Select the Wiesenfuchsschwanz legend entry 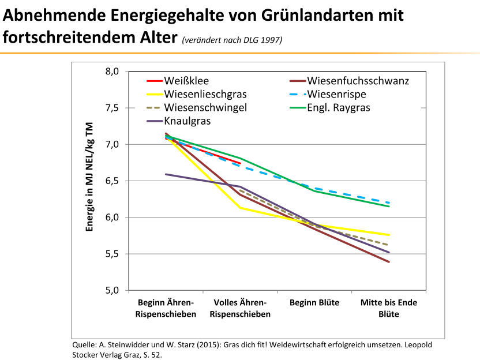[358, 81]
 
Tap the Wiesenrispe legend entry [344, 94]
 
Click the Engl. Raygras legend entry [339, 108]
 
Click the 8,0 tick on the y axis [112, 72]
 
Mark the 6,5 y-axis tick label [112, 181]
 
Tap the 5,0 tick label [112, 290]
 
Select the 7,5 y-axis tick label [112, 108]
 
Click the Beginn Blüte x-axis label [314, 303]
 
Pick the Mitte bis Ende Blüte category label [389, 308]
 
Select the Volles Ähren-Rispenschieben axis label [240, 308]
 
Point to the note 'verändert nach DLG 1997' [232, 40]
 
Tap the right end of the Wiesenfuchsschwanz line [389, 262]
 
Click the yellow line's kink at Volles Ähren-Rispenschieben [240, 208]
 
